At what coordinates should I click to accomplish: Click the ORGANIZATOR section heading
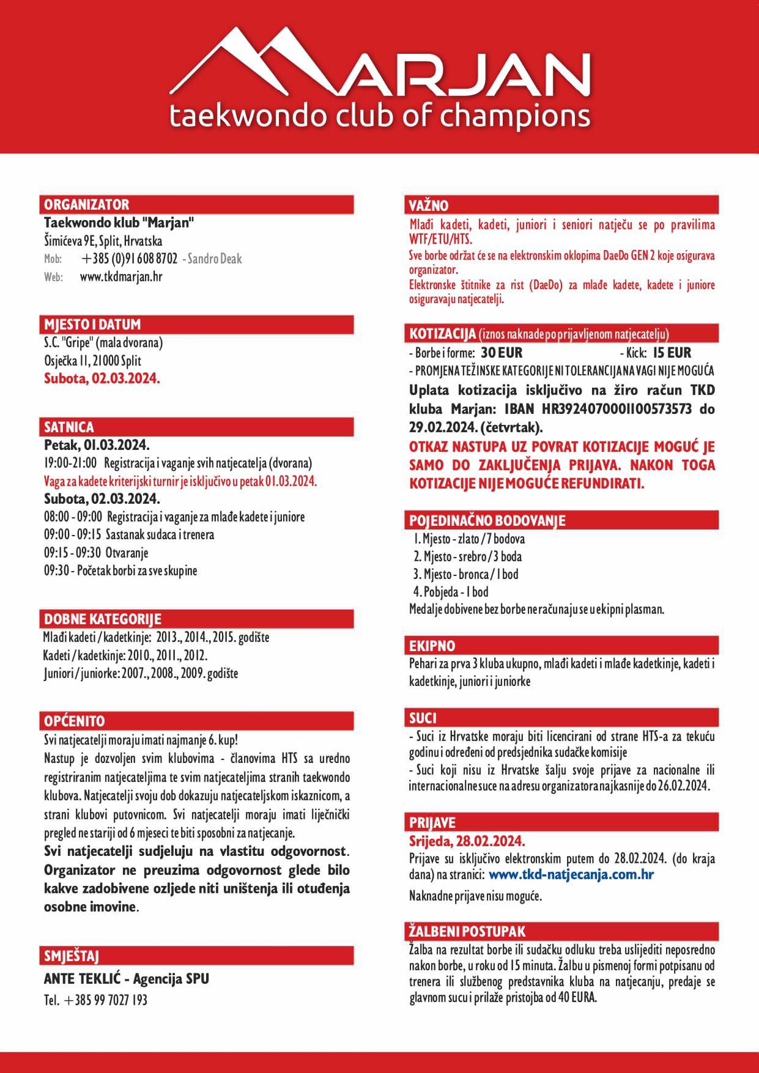point(87,205)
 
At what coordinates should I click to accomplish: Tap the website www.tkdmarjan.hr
point(121,277)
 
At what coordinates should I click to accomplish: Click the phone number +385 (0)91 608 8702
point(129,259)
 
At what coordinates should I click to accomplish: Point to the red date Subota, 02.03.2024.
point(102,378)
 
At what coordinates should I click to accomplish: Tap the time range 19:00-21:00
point(70,463)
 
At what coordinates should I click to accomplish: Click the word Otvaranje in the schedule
point(127,553)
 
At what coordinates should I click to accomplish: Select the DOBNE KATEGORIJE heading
point(102,619)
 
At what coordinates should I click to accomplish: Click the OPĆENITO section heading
point(74,721)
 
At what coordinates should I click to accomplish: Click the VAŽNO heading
point(429,205)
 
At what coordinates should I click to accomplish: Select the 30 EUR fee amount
point(502,353)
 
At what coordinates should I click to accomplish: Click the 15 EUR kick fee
point(672,353)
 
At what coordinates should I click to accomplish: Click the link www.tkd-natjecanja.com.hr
point(571,874)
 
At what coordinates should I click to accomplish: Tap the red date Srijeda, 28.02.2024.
point(467,841)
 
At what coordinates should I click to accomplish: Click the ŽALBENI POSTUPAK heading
point(467,931)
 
